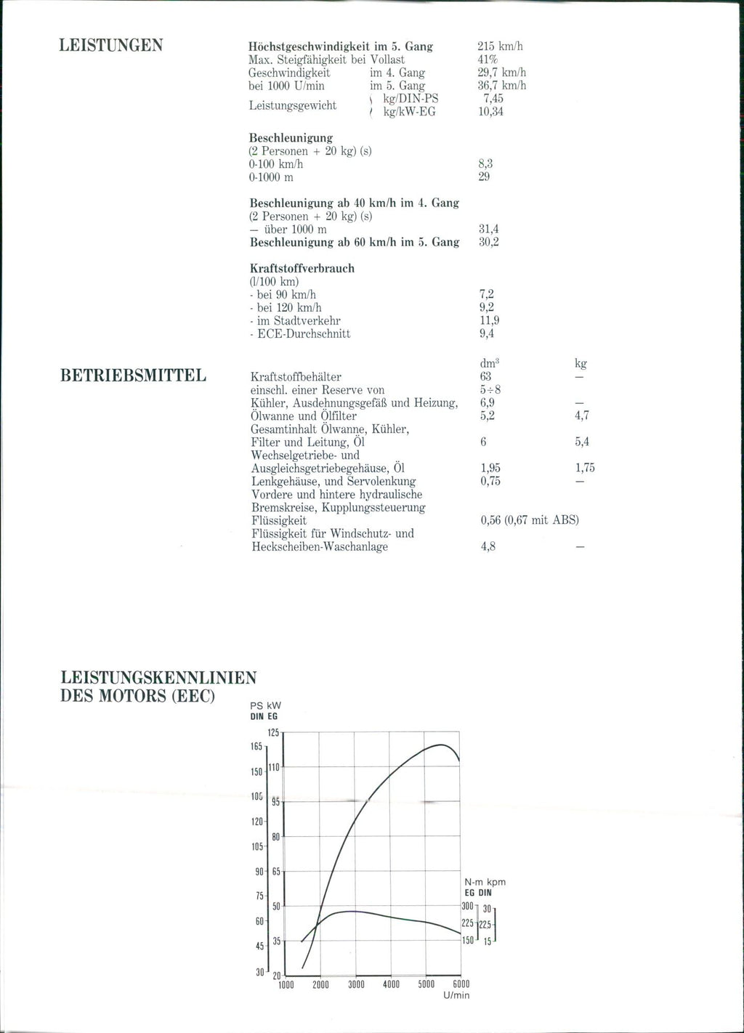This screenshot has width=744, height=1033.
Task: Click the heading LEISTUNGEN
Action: point(110,46)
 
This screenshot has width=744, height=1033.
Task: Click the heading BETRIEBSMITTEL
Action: point(133,376)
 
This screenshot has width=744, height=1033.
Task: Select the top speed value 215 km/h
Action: point(500,46)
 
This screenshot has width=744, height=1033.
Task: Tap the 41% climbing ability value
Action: point(488,60)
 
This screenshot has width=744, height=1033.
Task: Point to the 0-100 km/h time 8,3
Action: point(485,164)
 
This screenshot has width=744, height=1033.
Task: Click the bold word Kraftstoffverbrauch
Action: point(302,268)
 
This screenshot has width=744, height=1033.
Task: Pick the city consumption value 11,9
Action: point(488,320)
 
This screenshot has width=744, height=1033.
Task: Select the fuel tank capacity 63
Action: point(485,376)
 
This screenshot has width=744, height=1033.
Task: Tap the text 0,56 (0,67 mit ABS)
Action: point(530,520)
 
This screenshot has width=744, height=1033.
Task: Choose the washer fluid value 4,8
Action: point(488,546)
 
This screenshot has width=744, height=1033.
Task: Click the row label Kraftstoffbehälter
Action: point(296,376)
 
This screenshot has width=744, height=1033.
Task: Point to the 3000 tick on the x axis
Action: point(355,985)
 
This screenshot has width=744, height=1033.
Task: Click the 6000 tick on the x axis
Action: point(461,985)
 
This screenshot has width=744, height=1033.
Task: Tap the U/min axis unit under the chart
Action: point(456,995)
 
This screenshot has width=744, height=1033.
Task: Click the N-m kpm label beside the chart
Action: point(485,882)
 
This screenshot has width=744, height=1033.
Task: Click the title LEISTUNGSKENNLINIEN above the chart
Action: point(157,678)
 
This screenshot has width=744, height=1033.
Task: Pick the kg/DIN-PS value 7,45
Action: point(493,99)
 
